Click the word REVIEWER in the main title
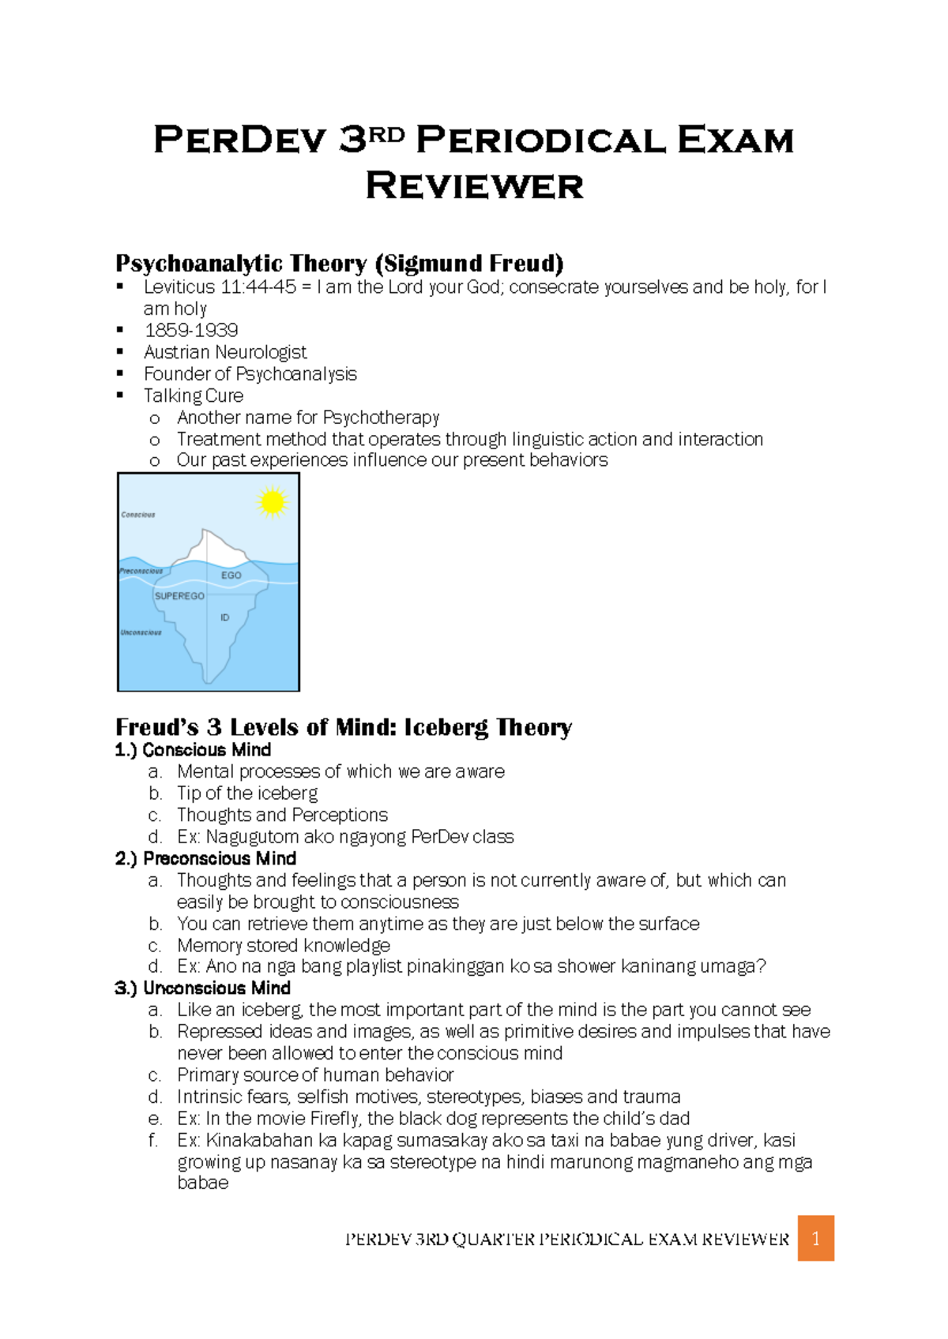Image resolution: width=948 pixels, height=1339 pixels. (474, 186)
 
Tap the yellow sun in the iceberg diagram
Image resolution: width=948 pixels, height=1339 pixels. (272, 502)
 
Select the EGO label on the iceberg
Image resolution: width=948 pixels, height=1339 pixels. (231, 576)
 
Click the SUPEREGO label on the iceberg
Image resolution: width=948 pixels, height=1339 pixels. (179, 596)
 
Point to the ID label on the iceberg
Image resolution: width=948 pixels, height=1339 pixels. (225, 617)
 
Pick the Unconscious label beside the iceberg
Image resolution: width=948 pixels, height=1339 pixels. (141, 632)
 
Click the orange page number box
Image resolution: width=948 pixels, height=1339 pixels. (815, 1238)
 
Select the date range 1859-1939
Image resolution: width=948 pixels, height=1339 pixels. (191, 330)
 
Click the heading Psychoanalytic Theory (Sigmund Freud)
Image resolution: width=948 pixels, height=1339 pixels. (340, 263)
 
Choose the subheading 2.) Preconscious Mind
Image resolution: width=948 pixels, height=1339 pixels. (205, 858)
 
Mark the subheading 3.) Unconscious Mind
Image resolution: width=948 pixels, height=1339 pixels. (203, 988)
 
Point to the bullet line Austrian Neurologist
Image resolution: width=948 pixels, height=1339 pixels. (225, 352)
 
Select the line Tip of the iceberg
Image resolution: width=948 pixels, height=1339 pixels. (247, 793)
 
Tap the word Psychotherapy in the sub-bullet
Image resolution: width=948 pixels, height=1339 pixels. (381, 418)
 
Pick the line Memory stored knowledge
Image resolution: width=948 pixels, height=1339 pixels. (284, 945)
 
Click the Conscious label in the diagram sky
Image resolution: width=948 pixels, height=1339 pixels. (138, 515)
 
